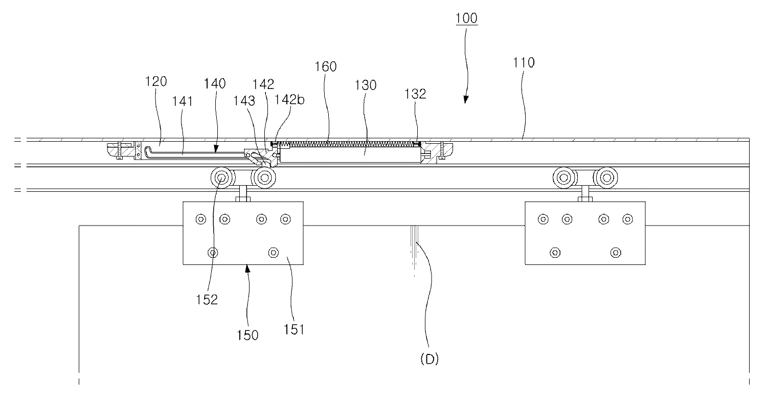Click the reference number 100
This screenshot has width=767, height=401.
466,18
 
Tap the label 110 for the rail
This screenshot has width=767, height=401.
524,63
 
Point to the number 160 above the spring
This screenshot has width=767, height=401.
326,66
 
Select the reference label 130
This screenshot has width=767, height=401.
366,85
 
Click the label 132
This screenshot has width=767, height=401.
415,94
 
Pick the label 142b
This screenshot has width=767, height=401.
290,99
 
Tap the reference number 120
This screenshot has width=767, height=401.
156,81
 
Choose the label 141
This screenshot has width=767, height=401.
182,101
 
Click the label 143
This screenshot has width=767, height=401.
244,101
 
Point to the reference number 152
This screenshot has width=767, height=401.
207,300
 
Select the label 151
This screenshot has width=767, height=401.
294,329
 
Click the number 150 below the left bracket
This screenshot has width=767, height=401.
247,335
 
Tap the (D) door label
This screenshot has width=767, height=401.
430,359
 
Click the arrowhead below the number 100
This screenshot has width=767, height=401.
465,100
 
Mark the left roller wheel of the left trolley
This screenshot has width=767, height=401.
222,177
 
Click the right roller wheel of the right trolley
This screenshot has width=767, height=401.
607,177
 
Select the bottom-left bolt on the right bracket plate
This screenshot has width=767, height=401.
555,253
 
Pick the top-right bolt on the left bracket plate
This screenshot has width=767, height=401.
285,219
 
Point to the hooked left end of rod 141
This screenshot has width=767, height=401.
147,152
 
